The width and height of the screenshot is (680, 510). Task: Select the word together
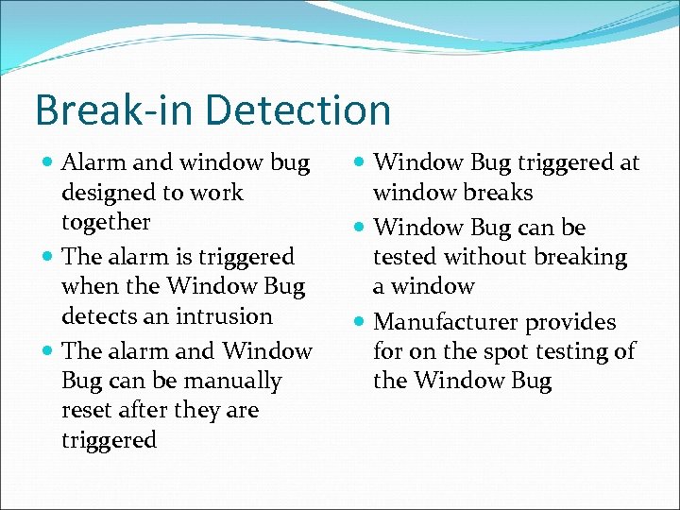tap(106, 223)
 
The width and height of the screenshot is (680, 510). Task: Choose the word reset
tap(86, 411)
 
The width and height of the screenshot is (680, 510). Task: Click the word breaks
tap(498, 193)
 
